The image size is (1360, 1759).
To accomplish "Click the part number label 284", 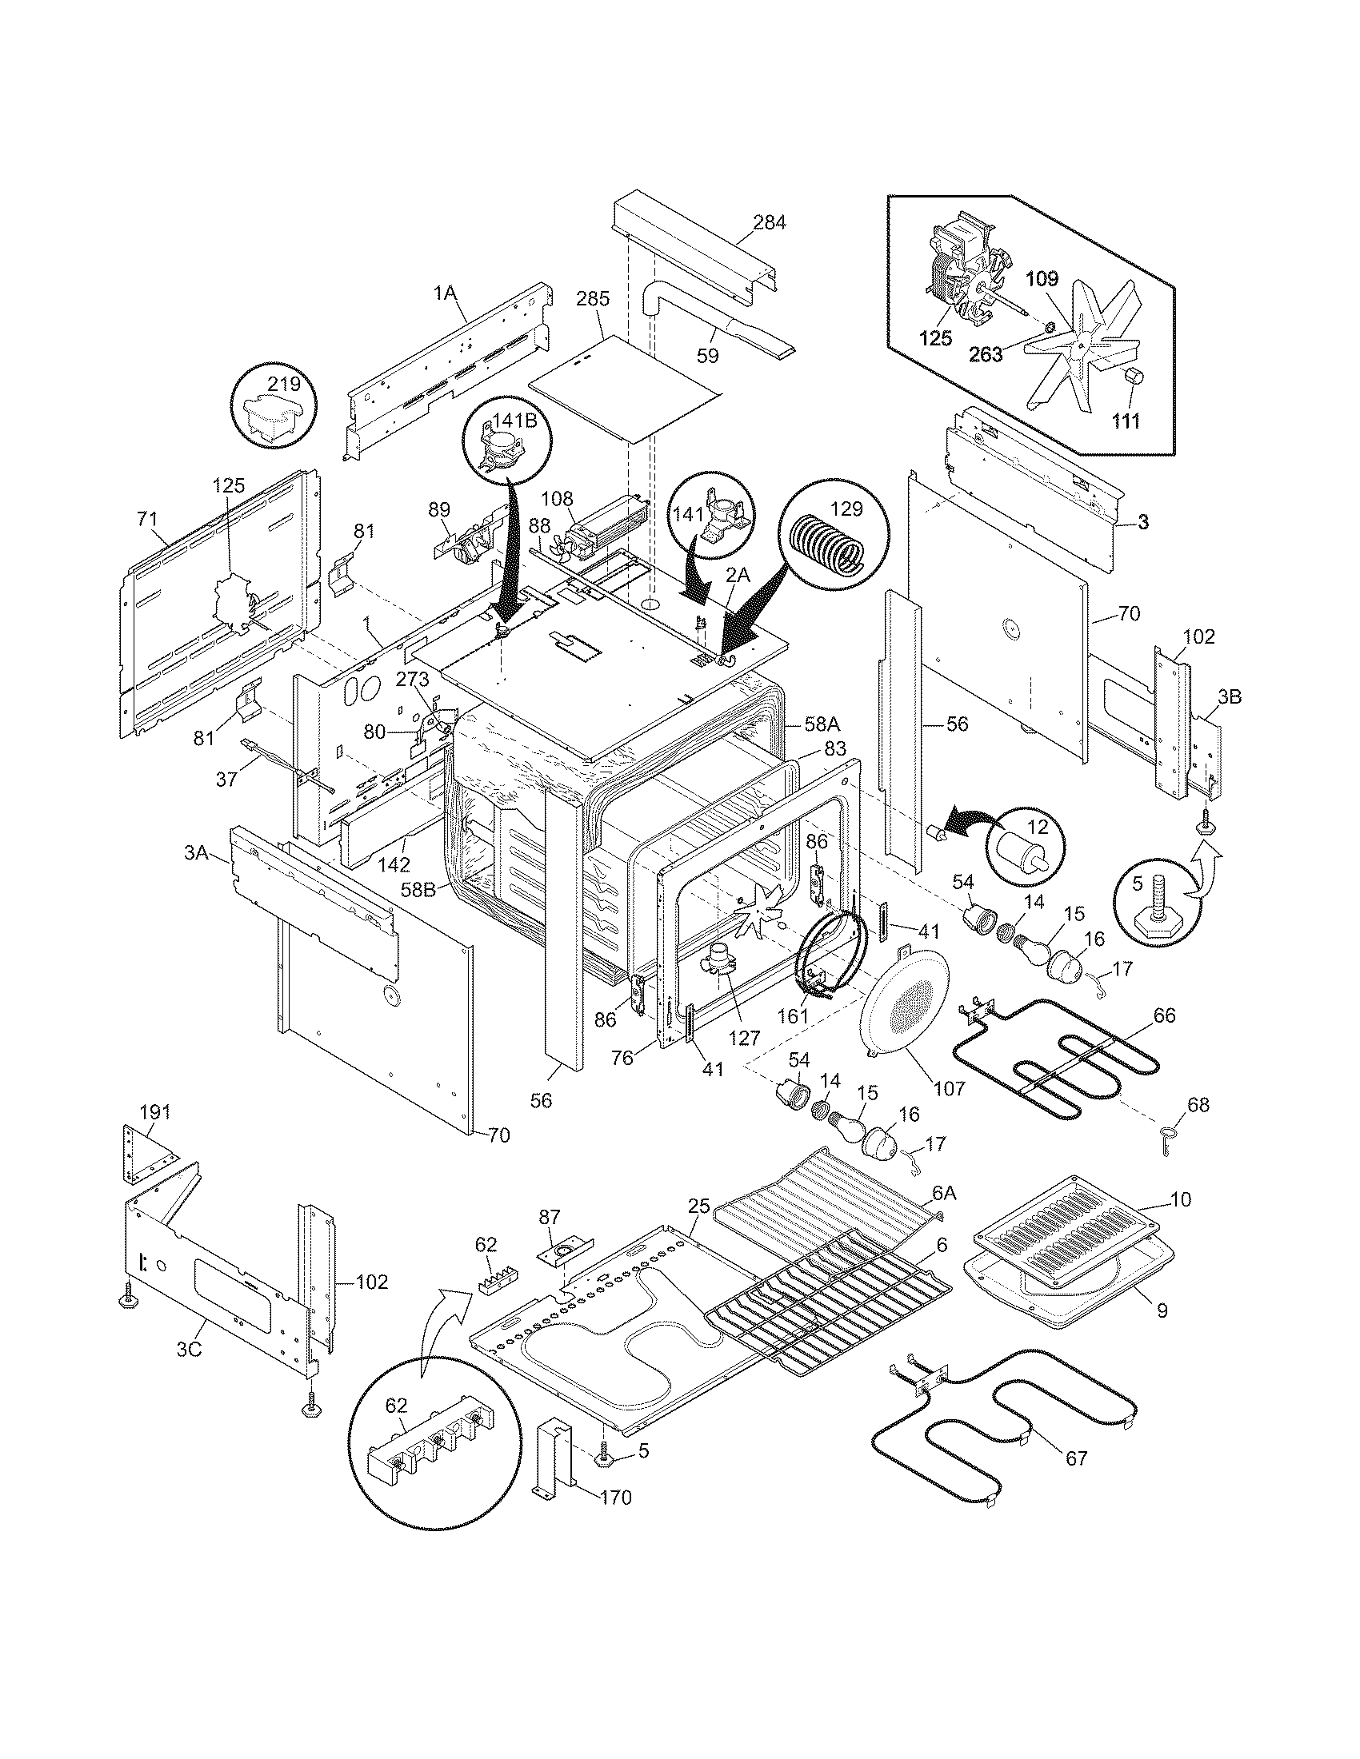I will point(769,222).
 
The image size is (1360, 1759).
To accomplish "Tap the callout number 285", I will point(593,298).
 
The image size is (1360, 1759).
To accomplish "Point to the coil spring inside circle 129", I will point(824,545).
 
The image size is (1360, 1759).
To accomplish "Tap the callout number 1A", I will point(446,293).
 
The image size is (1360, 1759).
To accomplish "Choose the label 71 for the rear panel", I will point(146,520).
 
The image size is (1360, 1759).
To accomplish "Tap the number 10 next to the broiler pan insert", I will point(1180,1222).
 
